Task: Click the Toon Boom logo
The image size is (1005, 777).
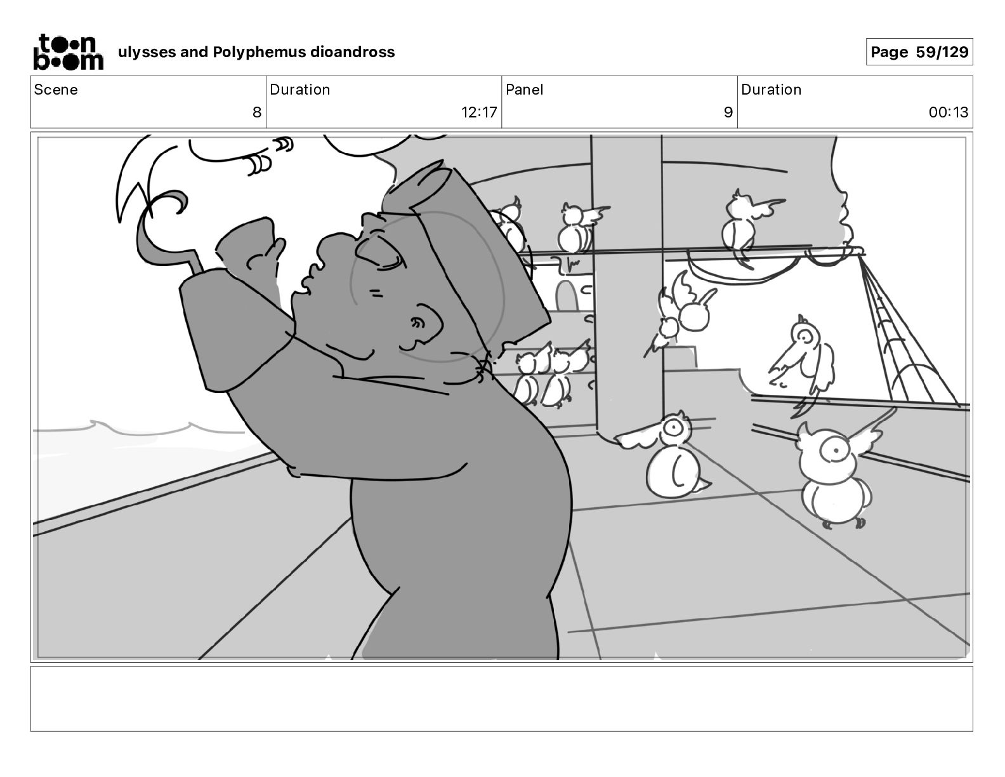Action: click(68, 51)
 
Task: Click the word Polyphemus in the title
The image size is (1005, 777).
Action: click(259, 52)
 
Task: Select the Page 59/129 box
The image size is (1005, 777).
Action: click(919, 52)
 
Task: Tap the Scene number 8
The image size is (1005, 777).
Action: click(256, 112)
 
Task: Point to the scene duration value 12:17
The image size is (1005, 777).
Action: click(479, 112)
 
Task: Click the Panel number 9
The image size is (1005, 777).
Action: click(728, 112)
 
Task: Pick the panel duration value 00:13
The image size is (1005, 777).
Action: click(949, 112)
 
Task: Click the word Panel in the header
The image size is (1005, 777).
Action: click(524, 90)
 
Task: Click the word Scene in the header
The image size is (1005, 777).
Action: click(56, 90)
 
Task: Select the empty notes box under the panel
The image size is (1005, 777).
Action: click(501, 698)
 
